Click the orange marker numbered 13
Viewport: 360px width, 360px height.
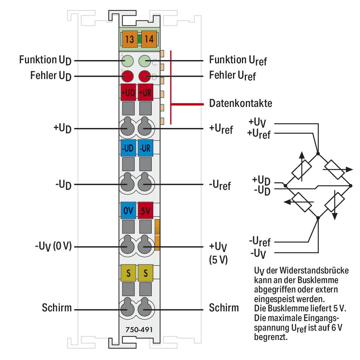tap(129, 39)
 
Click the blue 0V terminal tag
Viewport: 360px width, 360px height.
tap(128, 211)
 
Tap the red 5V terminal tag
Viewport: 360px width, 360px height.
tap(146, 211)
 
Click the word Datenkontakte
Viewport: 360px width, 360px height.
tap(240, 104)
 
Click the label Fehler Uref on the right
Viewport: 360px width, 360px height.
tap(232, 76)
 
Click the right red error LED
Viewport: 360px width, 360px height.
tap(145, 76)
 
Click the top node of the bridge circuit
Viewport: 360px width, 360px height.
tap(318, 153)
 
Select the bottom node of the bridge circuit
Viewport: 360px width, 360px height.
tap(318, 217)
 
